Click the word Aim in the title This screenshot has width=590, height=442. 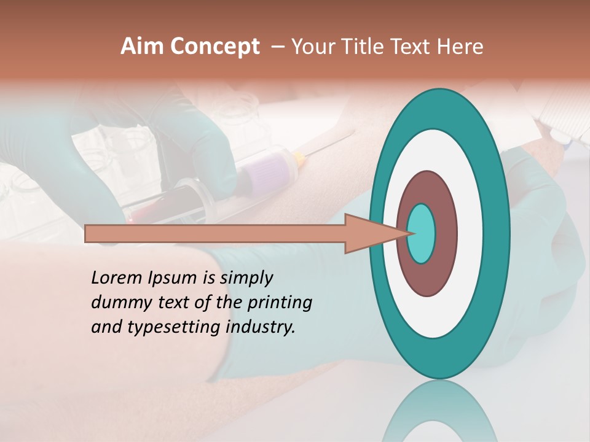pyautogui.click(x=142, y=47)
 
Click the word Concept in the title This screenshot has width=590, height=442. pyautogui.click(x=214, y=47)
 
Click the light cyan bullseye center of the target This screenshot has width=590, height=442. pyautogui.click(x=422, y=234)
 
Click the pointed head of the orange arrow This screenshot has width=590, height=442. pyautogui.click(x=381, y=234)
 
